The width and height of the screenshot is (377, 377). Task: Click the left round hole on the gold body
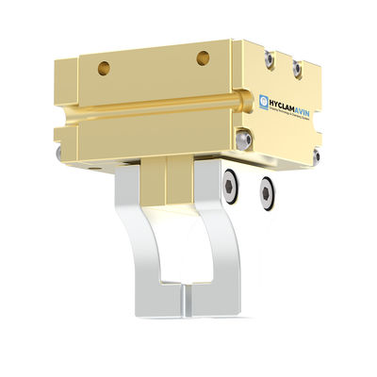pos(104,68)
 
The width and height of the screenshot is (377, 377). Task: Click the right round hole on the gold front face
pos(203,58)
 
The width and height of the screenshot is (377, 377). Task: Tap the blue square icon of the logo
pos(264,101)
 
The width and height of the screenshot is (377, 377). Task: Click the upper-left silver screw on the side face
pos(270,59)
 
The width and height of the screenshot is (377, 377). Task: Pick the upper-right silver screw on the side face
pos(298,68)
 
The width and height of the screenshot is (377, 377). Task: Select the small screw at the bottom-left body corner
pos(61,150)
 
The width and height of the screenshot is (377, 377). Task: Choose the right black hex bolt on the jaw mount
pos(267,192)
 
